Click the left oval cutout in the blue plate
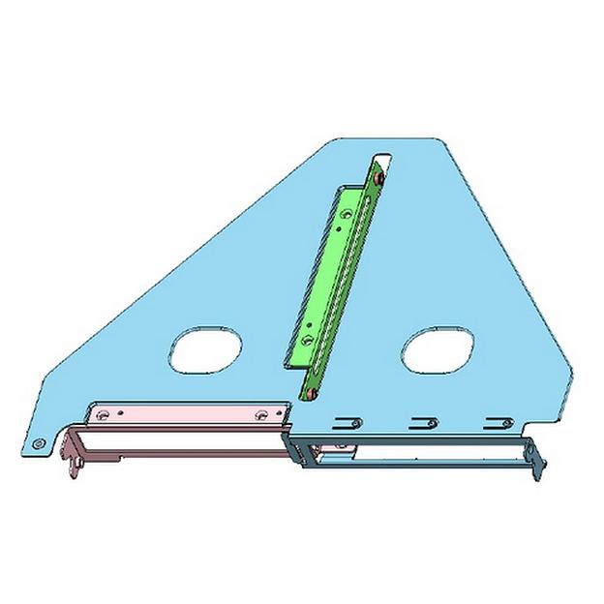[205, 350]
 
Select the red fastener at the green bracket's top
[380, 178]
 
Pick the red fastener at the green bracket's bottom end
[312, 395]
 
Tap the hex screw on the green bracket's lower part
[307, 341]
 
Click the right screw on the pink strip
[260, 414]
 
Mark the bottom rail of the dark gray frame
[416, 468]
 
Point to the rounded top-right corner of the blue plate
[448, 146]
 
